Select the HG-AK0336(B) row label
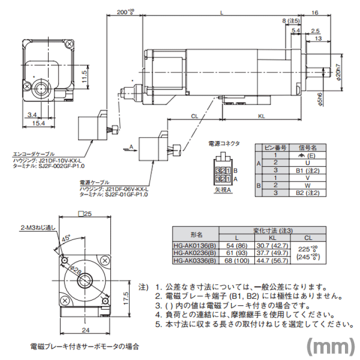195,260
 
